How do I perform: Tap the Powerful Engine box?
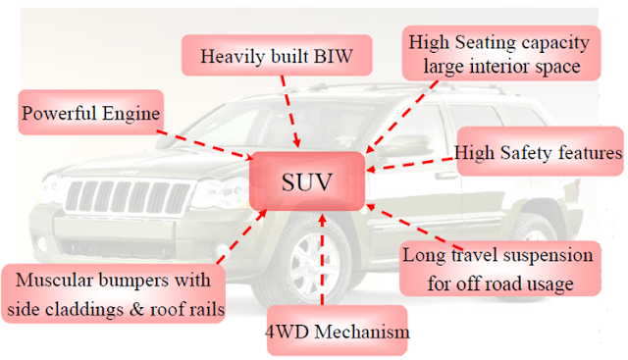pyautogui.click(x=90, y=115)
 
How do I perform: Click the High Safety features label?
pyautogui.click(x=539, y=153)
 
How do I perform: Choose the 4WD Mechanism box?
pyautogui.click(x=336, y=333)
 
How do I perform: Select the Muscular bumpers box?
pyautogui.click(x=113, y=293)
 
